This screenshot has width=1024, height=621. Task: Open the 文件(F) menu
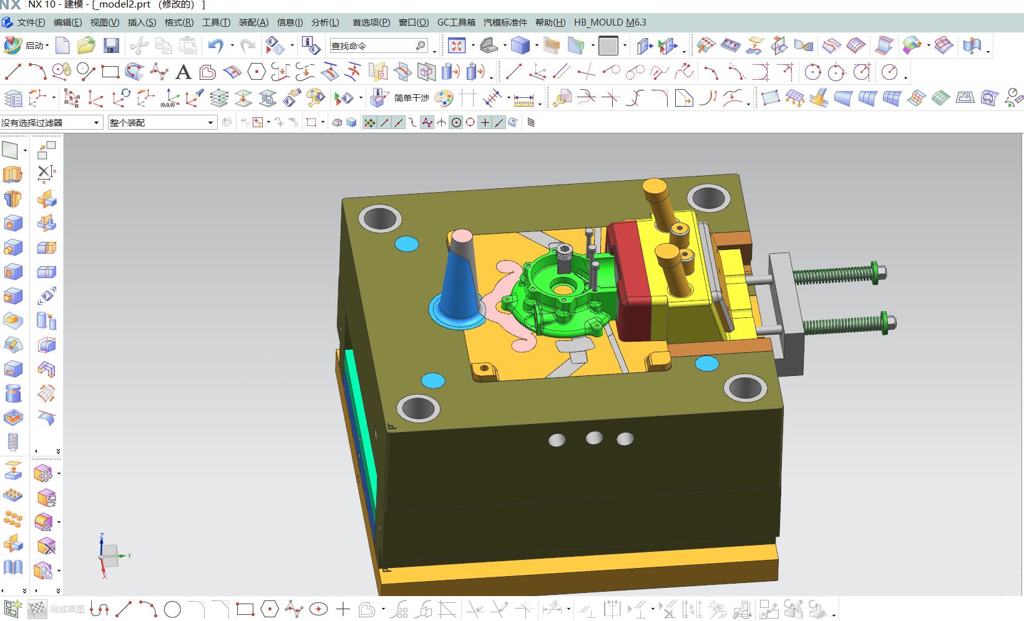[x=31, y=22]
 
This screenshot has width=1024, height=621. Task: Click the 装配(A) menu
[x=253, y=22]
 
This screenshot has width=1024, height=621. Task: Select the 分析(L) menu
[x=325, y=22]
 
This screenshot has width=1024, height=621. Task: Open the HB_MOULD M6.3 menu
[x=610, y=22]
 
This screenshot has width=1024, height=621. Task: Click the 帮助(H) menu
[x=550, y=22]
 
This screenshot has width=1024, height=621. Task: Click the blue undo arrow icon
[x=216, y=46]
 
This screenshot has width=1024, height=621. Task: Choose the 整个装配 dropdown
[x=162, y=122]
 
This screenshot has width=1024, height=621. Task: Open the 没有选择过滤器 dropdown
[x=51, y=122]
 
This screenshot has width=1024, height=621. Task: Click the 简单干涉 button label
[x=411, y=98]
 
